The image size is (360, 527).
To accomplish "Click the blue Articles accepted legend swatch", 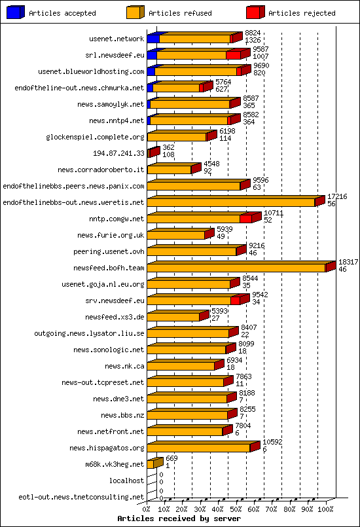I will pyautogui.click(x=16, y=12).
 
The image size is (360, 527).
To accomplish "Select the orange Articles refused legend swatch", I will pyautogui.click(x=135, y=12).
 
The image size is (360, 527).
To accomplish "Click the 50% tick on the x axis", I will pyautogui.click(x=236, y=509).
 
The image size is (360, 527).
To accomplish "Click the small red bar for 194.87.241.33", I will pyautogui.click(x=153, y=153).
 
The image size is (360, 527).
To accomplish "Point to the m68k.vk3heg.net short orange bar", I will pyautogui.click(x=151, y=464).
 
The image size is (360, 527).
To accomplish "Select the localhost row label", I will pyautogui.click(x=126, y=481).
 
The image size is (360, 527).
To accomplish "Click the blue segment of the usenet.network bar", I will pyautogui.click(x=153, y=39).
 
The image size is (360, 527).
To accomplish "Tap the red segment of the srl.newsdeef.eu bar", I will pyautogui.click(x=233, y=55).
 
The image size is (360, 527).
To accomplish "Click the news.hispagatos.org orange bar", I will pyautogui.click(x=198, y=448).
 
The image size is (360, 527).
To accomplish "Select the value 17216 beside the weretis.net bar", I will pyautogui.click(x=337, y=196).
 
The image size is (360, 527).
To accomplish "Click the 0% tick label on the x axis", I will pyautogui.click(x=147, y=509).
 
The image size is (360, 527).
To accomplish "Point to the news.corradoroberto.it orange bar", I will pyautogui.click(x=169, y=170).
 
